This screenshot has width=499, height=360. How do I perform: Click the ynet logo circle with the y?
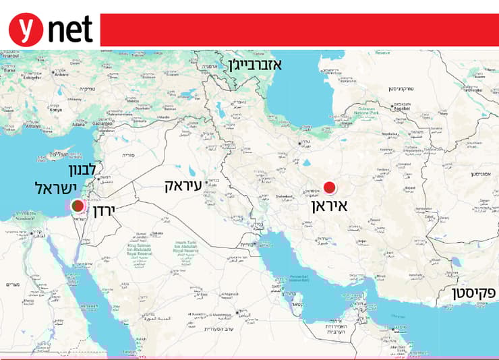25,30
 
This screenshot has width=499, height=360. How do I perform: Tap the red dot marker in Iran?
330,187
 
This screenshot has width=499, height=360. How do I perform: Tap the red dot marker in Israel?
78,206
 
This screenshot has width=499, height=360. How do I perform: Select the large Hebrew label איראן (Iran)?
329,205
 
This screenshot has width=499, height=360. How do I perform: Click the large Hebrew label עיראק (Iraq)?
191,186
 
